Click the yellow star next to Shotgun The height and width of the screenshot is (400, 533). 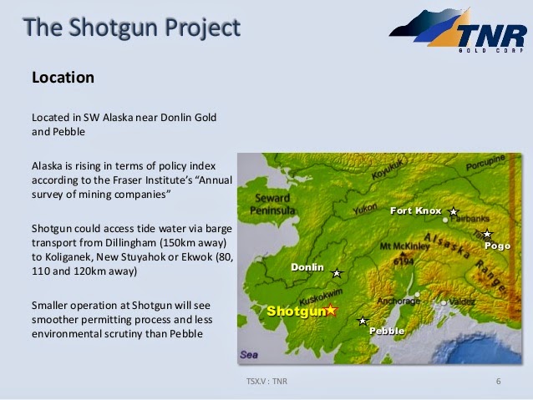click(x=331, y=310)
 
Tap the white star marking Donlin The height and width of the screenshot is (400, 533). click(x=337, y=273)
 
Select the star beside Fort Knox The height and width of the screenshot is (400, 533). click(x=453, y=212)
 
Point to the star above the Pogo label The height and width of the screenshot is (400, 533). click(x=487, y=234)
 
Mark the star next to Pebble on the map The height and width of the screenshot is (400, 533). click(x=363, y=321)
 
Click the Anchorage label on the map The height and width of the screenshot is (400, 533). click(x=398, y=301)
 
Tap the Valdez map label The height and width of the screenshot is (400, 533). click(x=462, y=301)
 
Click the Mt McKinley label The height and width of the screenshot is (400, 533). click(x=404, y=246)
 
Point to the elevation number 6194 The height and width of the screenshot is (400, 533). click(x=404, y=261)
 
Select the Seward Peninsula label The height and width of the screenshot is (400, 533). click(x=272, y=205)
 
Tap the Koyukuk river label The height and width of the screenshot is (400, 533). click(x=388, y=169)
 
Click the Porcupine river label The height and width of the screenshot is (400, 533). click(x=485, y=163)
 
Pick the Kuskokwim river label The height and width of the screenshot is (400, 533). click(x=321, y=296)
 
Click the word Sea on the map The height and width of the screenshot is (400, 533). click(x=249, y=355)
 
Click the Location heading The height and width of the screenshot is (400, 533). click(x=63, y=78)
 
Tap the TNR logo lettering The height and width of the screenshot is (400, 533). click(x=491, y=35)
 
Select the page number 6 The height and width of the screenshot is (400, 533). click(x=498, y=381)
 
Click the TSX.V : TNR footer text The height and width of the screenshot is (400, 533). click(x=266, y=381)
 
